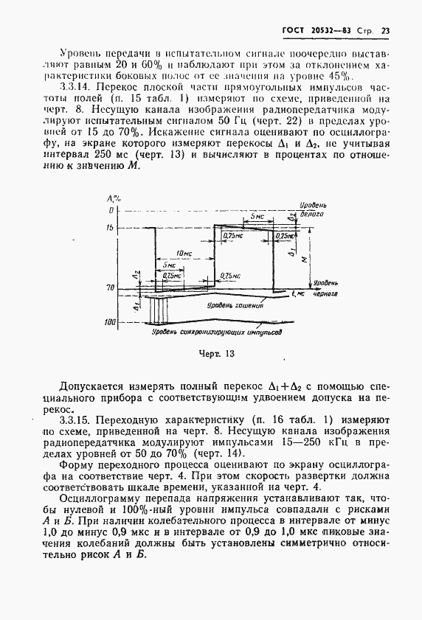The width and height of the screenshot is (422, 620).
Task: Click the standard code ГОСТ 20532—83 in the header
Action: (314, 30)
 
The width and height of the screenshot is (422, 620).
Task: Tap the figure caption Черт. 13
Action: (216, 354)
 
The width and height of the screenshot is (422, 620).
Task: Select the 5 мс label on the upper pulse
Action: (255, 217)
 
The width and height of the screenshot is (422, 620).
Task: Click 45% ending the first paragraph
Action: (342, 75)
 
